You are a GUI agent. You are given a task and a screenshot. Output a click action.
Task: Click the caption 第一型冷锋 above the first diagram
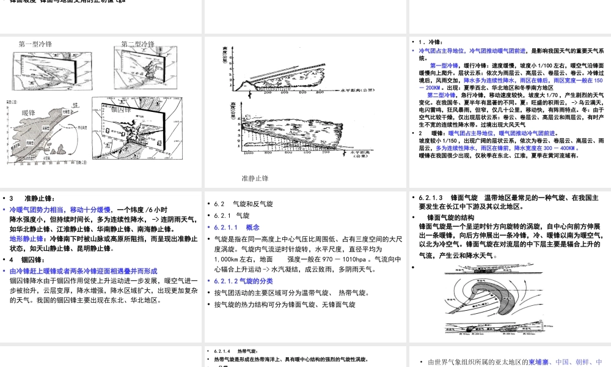[x=35, y=44]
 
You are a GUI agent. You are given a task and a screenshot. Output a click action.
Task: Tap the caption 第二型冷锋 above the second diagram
[x=137, y=44]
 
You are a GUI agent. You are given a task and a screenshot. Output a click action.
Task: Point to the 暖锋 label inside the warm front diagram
[x=29, y=113]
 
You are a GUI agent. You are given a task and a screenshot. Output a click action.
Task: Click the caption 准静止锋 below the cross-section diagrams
[x=255, y=178]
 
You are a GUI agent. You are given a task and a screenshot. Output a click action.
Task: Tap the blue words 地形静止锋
[x=26, y=239]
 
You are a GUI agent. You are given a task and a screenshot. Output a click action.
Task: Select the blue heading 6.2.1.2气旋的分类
[x=243, y=281]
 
